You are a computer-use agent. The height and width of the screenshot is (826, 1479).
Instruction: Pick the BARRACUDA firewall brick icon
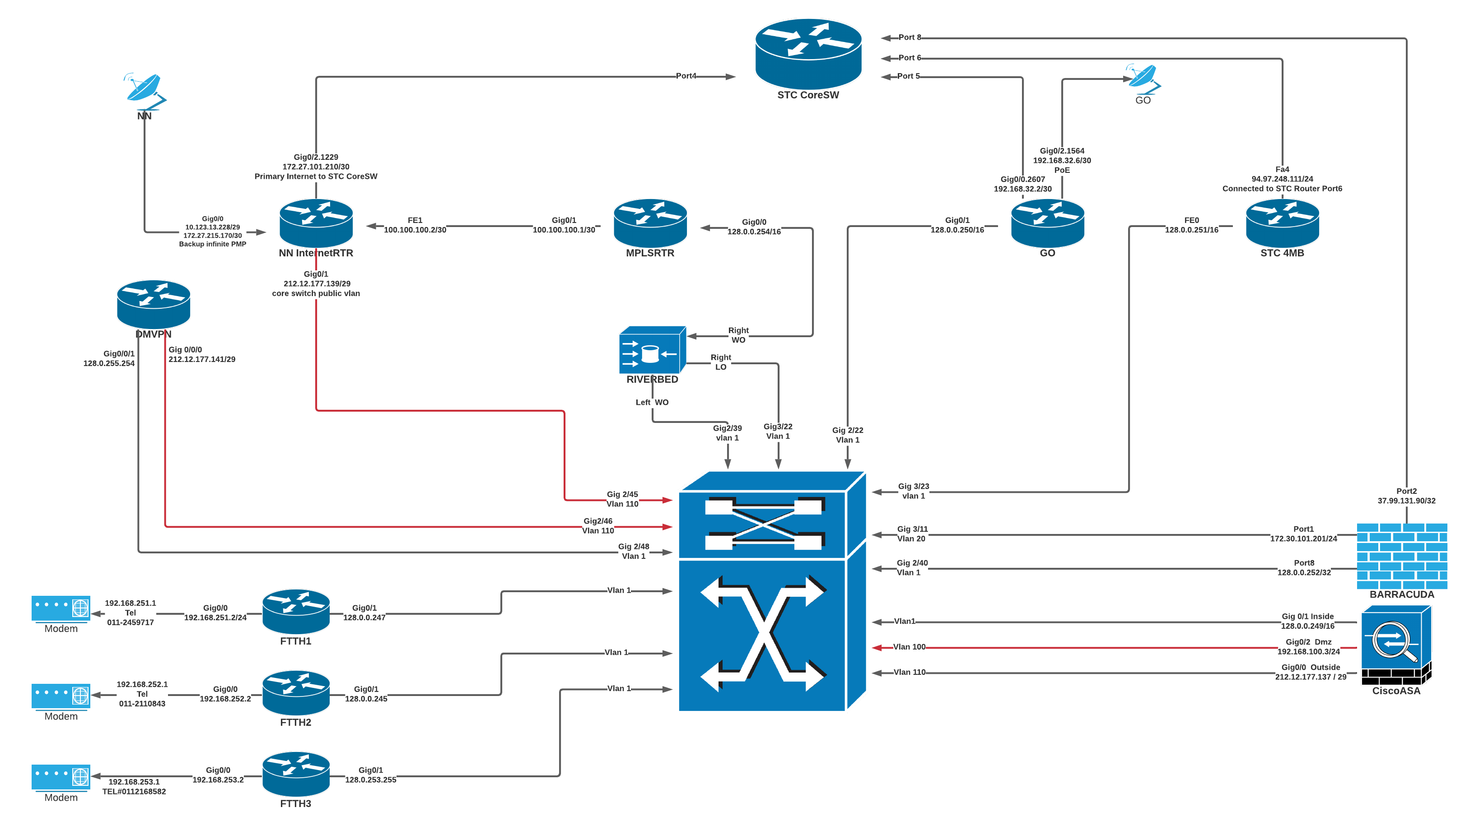(x=1401, y=556)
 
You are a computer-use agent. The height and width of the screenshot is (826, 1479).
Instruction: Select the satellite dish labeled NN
(x=145, y=90)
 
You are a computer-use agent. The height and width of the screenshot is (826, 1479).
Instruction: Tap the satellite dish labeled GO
(x=1143, y=78)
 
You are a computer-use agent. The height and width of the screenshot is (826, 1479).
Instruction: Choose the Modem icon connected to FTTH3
(x=61, y=777)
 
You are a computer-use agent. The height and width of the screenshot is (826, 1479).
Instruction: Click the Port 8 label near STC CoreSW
(x=910, y=37)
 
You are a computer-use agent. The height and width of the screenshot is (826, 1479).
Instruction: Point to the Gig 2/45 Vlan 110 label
(x=622, y=499)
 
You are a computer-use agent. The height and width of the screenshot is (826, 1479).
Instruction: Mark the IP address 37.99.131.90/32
(x=1406, y=501)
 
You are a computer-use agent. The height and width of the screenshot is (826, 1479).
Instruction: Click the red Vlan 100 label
(x=910, y=647)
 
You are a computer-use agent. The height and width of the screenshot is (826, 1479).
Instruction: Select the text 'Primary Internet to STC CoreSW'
(x=316, y=176)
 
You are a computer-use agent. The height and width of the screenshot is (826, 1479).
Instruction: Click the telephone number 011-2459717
(x=131, y=622)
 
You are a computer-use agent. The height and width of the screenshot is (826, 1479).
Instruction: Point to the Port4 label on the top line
(x=686, y=76)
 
